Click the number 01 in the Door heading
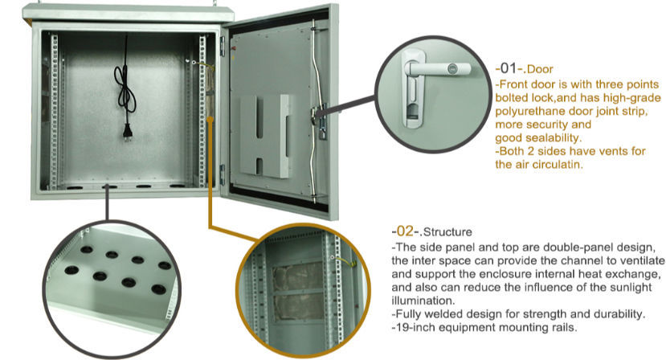[x=508, y=68]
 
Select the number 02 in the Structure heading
[x=405, y=231]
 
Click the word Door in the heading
[x=540, y=69]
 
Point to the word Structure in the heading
[x=447, y=232]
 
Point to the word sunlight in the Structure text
[x=631, y=288]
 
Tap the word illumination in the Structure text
[x=422, y=301]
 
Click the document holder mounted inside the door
[x=266, y=136]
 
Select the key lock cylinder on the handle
[x=454, y=67]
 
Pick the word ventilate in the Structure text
[x=641, y=260]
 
